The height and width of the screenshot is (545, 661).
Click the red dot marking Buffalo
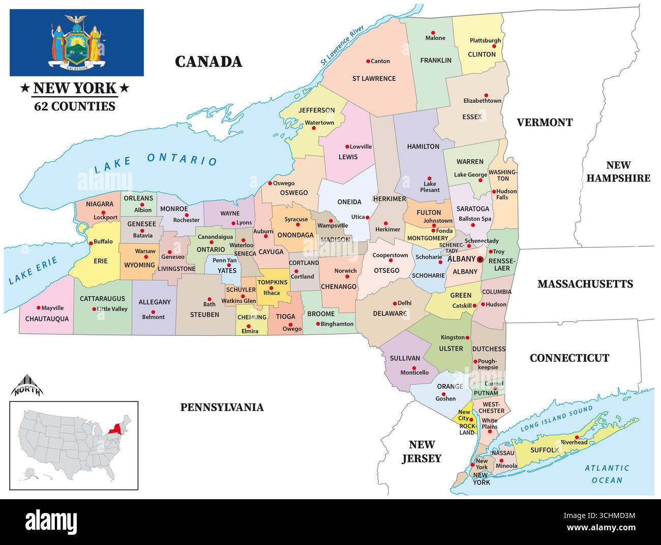(92, 243)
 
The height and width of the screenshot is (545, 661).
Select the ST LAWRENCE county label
(374, 78)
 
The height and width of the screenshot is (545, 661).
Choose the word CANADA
(208, 62)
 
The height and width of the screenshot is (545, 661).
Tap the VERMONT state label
(545, 122)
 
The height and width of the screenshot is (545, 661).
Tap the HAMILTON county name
(423, 147)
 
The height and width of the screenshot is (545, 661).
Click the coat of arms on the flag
(77, 42)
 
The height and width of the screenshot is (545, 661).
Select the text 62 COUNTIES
(75, 106)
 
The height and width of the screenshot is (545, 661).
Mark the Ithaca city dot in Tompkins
(271, 288)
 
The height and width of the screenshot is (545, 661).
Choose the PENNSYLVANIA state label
(222, 407)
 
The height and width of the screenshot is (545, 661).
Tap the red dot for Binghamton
(318, 324)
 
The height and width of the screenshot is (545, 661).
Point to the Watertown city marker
(314, 128)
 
